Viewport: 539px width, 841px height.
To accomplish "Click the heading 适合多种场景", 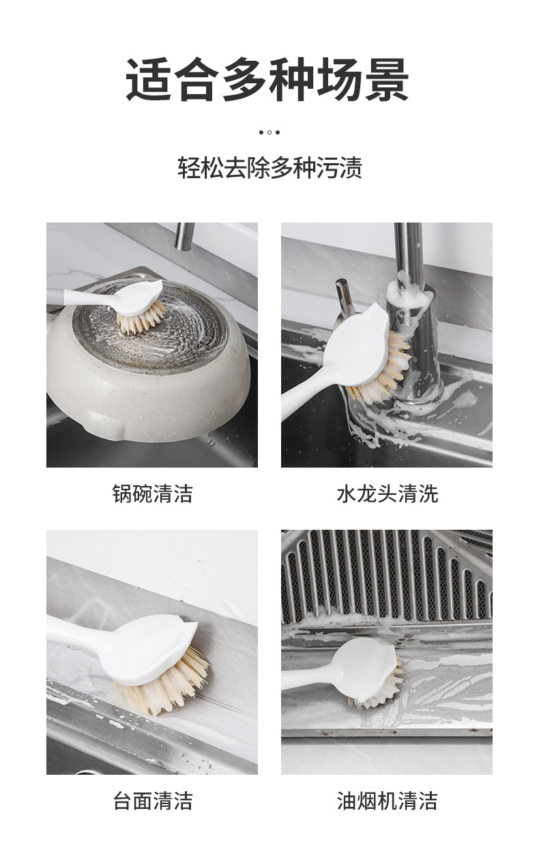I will pos(267,80).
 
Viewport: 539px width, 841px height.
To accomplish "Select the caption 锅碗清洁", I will pos(152,493).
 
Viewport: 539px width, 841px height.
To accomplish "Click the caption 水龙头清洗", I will pos(387,493).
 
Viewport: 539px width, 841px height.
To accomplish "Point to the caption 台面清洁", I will pos(152,800).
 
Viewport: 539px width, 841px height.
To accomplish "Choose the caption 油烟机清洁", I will pos(387,800).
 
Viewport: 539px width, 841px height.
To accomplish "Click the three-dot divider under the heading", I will pos(269,132).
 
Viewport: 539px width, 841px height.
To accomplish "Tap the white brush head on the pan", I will pos(140,296).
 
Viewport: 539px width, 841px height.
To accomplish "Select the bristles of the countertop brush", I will pos(164,686).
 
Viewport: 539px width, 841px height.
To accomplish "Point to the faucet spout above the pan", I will pos(183,236).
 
